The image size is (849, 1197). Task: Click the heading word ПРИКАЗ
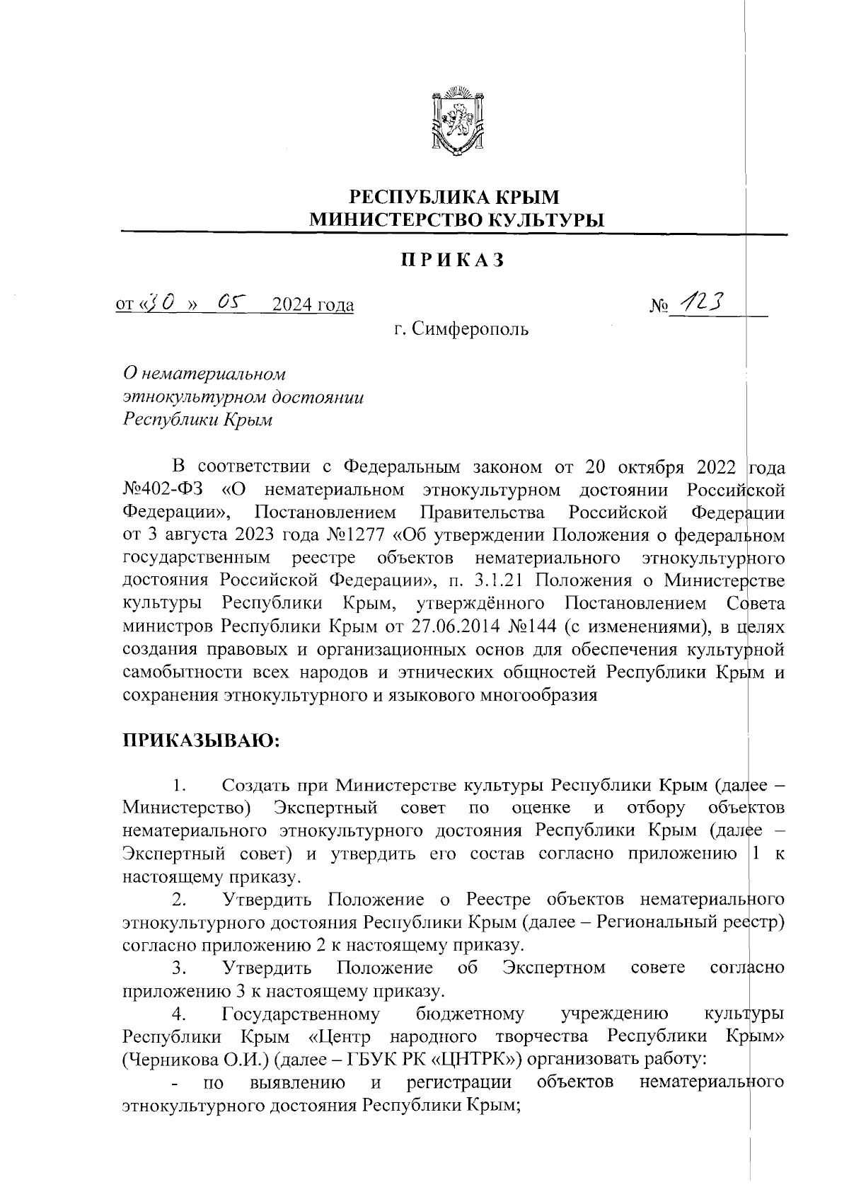(x=453, y=260)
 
